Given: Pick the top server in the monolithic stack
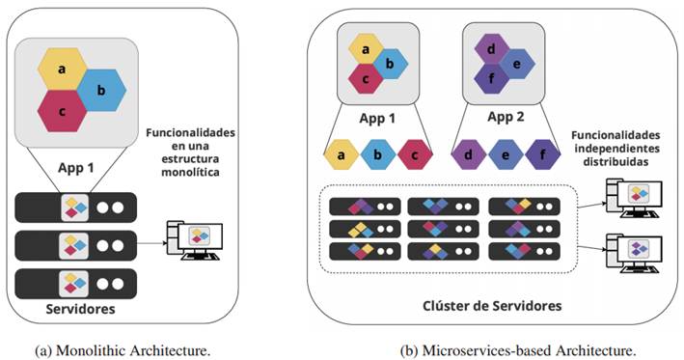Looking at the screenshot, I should pyautogui.click(x=76, y=207).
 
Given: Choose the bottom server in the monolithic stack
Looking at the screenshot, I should pyautogui.click(x=76, y=282).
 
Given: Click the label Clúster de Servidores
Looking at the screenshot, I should pyautogui.click(x=492, y=305).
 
